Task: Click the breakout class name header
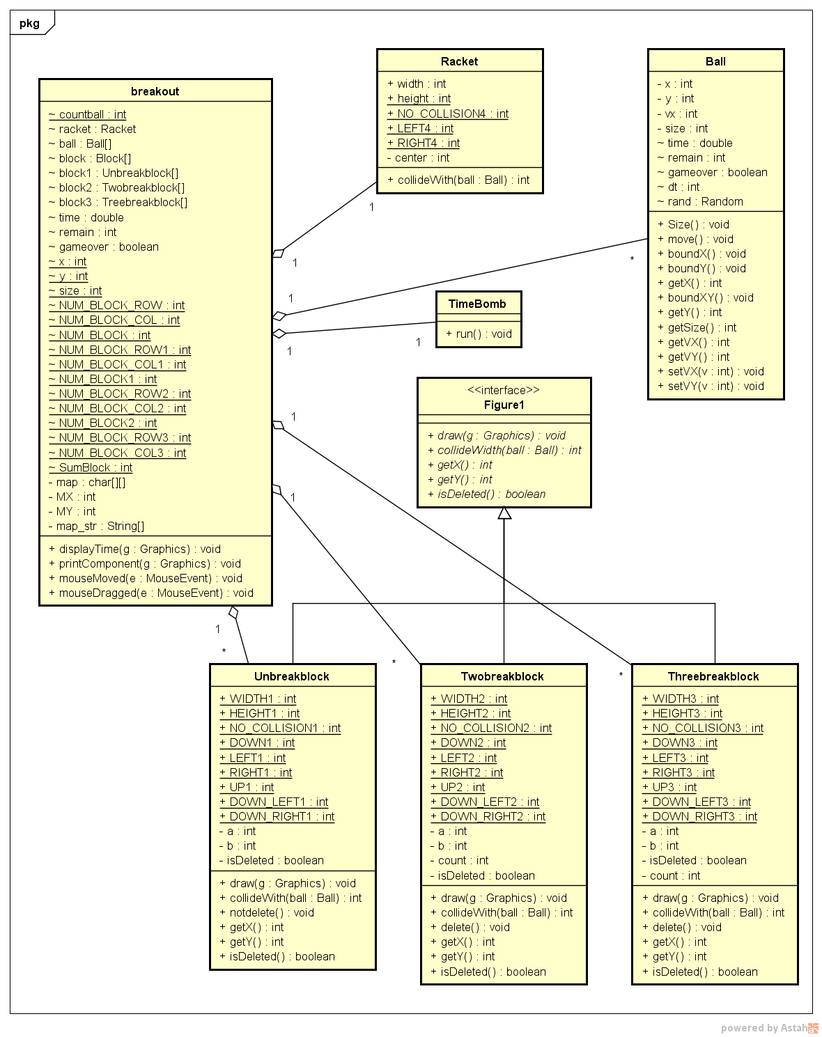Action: tap(155, 91)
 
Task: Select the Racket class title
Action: tap(459, 61)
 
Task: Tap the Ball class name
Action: tap(715, 61)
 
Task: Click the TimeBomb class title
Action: tap(477, 304)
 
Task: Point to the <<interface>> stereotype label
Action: tap(503, 390)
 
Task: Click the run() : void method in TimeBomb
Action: tap(479, 334)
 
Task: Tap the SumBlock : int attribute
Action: tap(91, 467)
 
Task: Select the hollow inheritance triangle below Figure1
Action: tap(504, 513)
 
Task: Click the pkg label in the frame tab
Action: tap(29, 23)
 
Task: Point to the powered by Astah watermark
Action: tap(769, 1028)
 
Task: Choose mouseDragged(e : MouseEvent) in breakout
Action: tap(151, 593)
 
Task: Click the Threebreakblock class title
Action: tap(713, 676)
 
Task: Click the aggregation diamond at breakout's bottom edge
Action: tap(234, 613)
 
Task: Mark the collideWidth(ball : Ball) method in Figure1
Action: tap(504, 450)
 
